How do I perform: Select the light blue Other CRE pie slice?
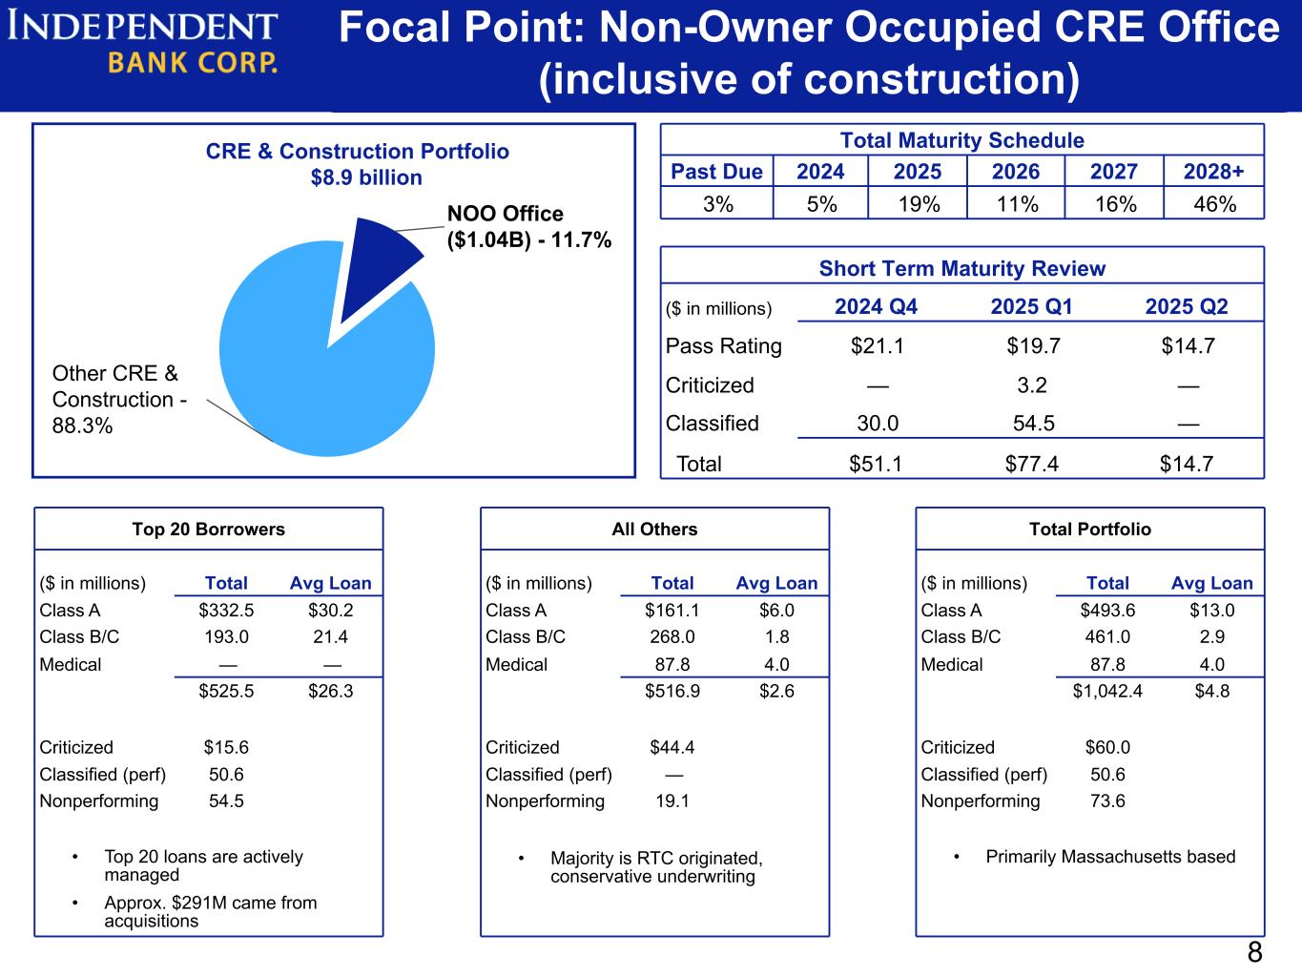[315, 372]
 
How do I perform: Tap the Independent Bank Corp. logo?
[143, 43]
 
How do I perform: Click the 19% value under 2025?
[918, 203]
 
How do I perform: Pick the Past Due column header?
[716, 172]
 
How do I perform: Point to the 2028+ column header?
[1213, 172]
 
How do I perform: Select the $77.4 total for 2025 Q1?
[1031, 464]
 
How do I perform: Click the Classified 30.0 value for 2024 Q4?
[878, 424]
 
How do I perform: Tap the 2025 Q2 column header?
[1187, 306]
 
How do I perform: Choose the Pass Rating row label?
[723, 346]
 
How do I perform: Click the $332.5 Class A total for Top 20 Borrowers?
[226, 611]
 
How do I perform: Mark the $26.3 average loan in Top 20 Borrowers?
[330, 691]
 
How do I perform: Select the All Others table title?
[654, 530]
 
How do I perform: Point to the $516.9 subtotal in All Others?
[672, 691]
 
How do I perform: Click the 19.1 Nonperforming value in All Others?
[672, 801]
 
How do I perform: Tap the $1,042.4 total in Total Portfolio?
[1107, 691]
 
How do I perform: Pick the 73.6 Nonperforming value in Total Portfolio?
[1107, 801]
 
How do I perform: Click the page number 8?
[1254, 952]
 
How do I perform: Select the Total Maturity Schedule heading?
[961, 141]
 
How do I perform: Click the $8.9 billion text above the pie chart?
[366, 177]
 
